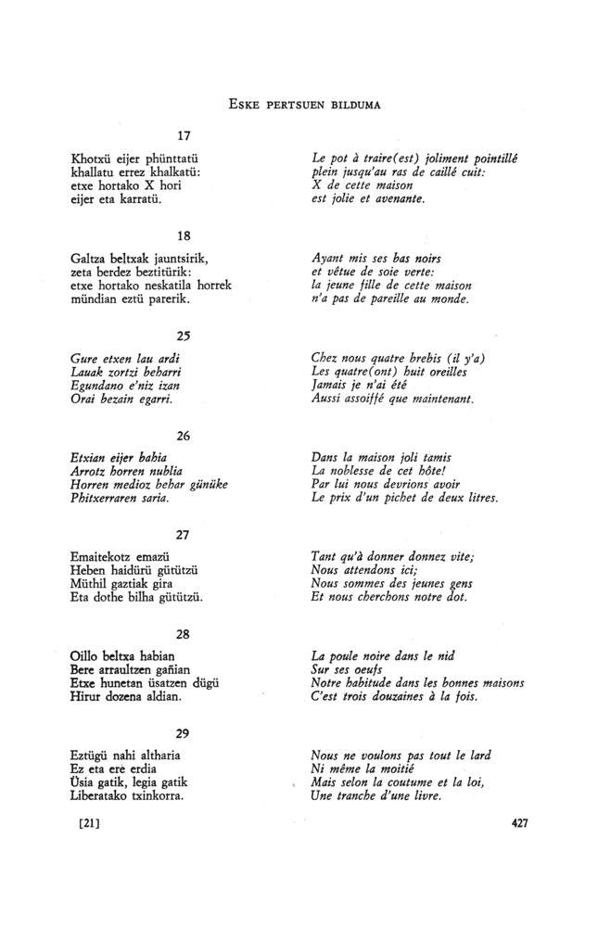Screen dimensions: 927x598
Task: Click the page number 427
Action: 519,822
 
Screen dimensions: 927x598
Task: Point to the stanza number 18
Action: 184,236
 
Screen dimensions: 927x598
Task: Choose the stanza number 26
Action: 184,435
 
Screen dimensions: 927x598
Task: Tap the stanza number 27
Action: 184,532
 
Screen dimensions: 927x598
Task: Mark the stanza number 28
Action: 184,632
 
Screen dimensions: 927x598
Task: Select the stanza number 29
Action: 184,731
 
